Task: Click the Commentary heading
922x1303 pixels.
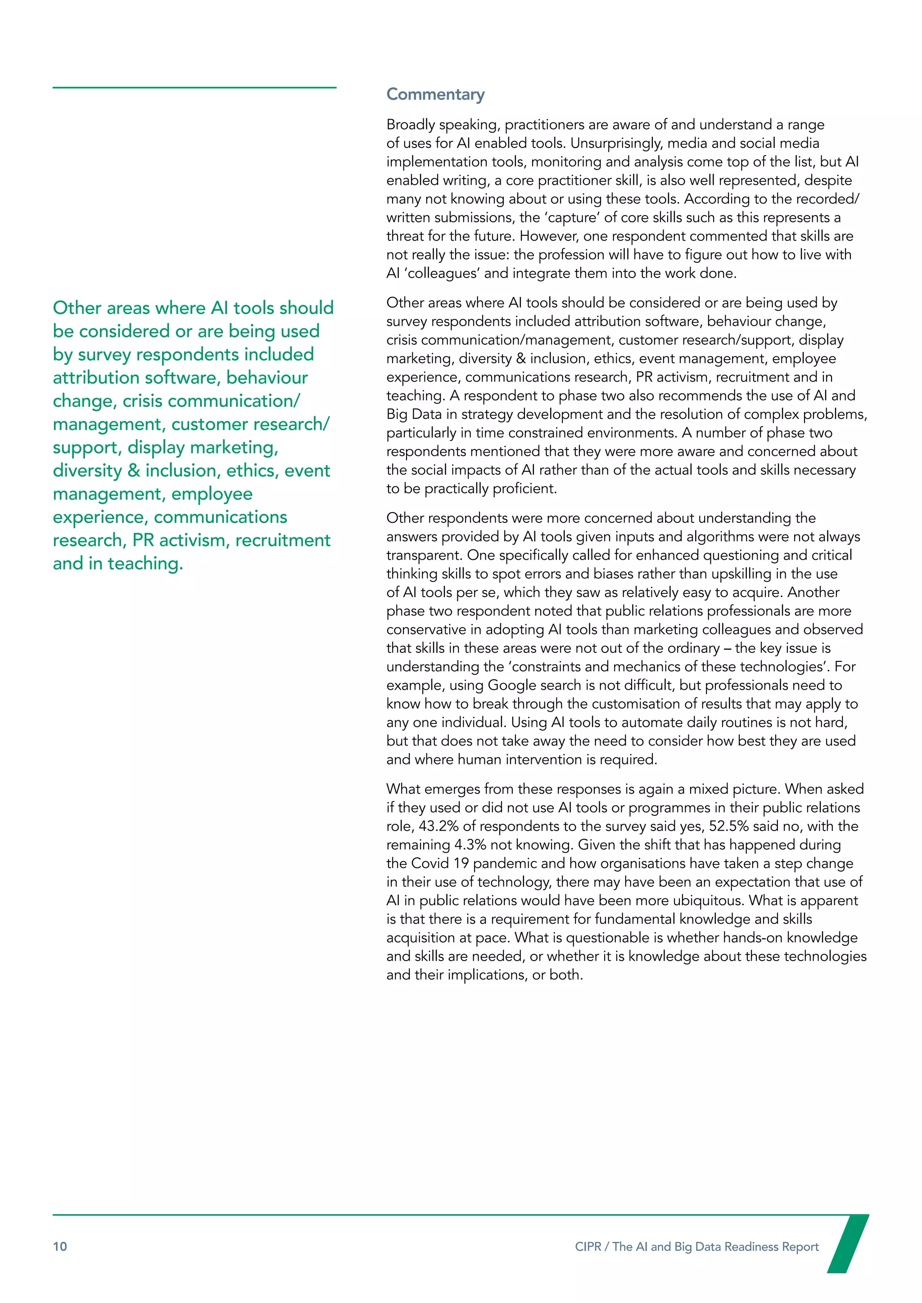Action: coord(435,94)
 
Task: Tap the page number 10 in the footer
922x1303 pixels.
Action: coord(59,1247)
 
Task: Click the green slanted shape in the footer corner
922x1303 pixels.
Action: coord(848,1243)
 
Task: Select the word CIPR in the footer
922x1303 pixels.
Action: coord(588,1247)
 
